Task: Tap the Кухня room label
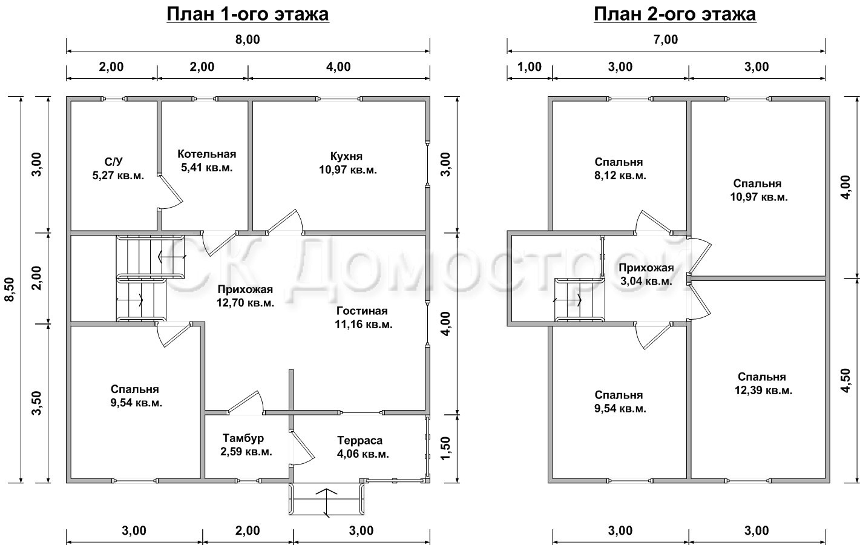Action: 346,156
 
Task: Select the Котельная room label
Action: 206,154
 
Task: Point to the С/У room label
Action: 114,162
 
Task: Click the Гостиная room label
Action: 362,311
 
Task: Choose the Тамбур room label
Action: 243,438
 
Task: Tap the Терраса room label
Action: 359,440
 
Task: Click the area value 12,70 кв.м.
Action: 245,303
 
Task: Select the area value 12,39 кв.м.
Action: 764,390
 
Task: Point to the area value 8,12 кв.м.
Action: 620,176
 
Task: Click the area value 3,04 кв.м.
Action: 646,281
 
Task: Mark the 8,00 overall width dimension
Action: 248,39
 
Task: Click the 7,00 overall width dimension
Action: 666,39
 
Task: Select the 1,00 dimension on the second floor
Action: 530,67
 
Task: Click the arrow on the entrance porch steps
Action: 326,503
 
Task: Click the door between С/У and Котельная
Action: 169,191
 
